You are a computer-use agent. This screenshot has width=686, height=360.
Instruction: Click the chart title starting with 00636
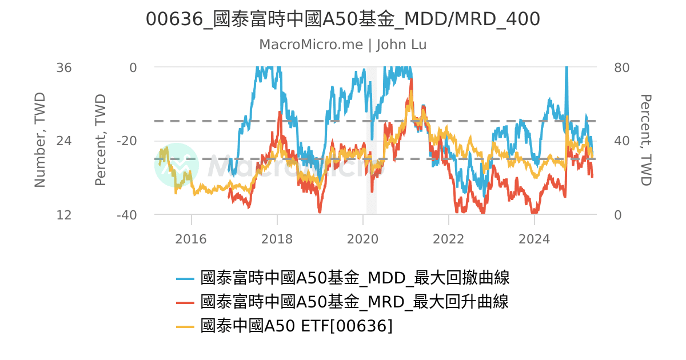(x=342, y=19)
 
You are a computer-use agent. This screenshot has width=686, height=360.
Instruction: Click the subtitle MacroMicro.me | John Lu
(x=342, y=45)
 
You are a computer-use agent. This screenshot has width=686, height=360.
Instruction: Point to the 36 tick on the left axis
(x=64, y=67)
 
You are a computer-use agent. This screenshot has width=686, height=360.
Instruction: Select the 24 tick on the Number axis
(x=64, y=141)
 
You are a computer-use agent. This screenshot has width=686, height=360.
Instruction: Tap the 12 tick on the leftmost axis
(x=64, y=215)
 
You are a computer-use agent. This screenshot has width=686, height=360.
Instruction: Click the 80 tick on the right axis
(x=621, y=67)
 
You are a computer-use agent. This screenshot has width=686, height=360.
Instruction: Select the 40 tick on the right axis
(x=621, y=141)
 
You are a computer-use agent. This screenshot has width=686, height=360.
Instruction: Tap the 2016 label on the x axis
(x=191, y=239)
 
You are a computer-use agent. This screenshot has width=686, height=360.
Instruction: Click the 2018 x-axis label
(x=277, y=239)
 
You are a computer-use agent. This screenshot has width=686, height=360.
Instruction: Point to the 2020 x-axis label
(x=362, y=239)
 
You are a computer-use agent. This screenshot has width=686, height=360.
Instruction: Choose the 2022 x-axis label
(x=448, y=239)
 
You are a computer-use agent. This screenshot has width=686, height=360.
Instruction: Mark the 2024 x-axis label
(x=534, y=239)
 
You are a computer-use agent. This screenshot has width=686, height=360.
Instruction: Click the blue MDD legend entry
(x=354, y=278)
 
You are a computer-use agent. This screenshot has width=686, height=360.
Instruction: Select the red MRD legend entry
(x=354, y=302)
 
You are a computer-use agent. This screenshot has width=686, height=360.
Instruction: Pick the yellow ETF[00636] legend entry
(x=297, y=326)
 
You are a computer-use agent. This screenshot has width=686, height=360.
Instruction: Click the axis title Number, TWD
(x=39, y=140)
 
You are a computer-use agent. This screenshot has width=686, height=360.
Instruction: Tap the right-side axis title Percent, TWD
(x=645, y=140)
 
